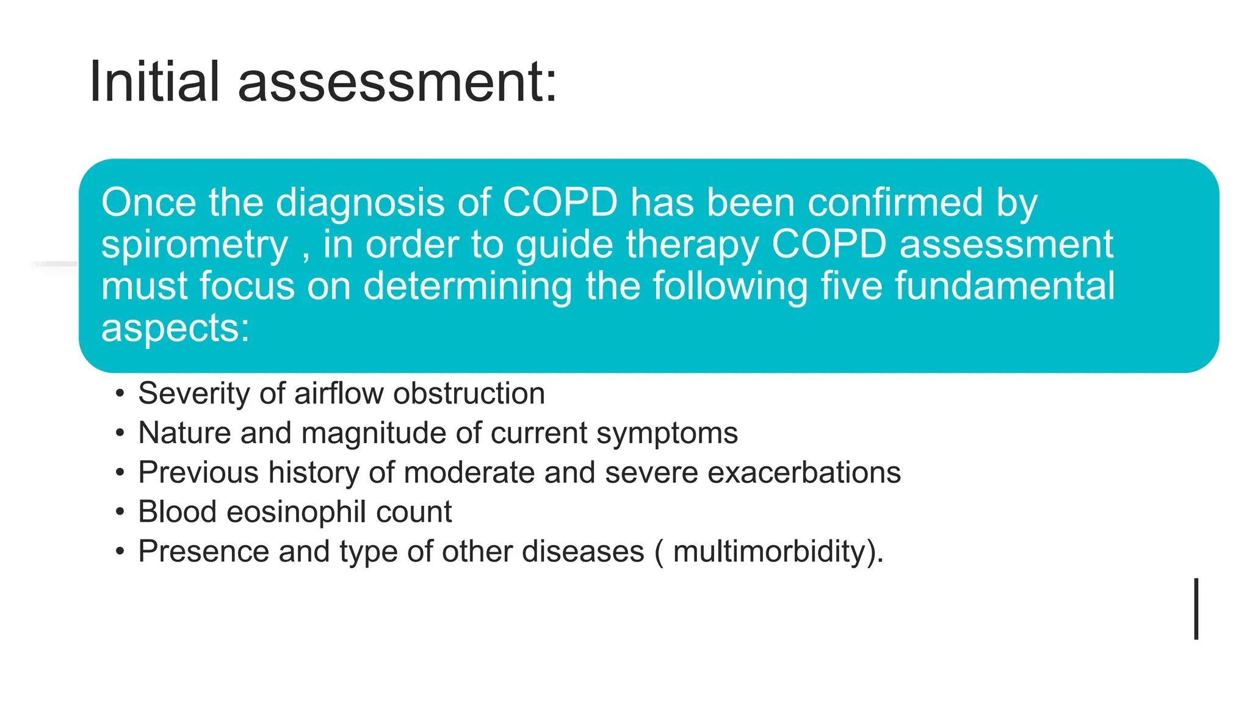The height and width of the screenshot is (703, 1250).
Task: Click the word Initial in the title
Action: (x=154, y=82)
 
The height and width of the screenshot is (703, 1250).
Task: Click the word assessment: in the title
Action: (x=397, y=82)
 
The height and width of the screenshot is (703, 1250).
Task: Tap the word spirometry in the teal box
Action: (x=194, y=246)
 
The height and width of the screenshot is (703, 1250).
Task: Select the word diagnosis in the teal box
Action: (x=361, y=203)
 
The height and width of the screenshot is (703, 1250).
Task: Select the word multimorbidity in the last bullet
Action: (x=770, y=552)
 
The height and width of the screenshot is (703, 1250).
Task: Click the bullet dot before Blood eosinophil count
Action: (x=120, y=513)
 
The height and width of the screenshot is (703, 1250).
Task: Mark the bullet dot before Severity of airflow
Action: (x=120, y=394)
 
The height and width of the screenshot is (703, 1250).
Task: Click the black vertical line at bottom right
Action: (x=1196, y=608)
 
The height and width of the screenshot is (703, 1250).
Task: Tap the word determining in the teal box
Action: (x=468, y=287)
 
